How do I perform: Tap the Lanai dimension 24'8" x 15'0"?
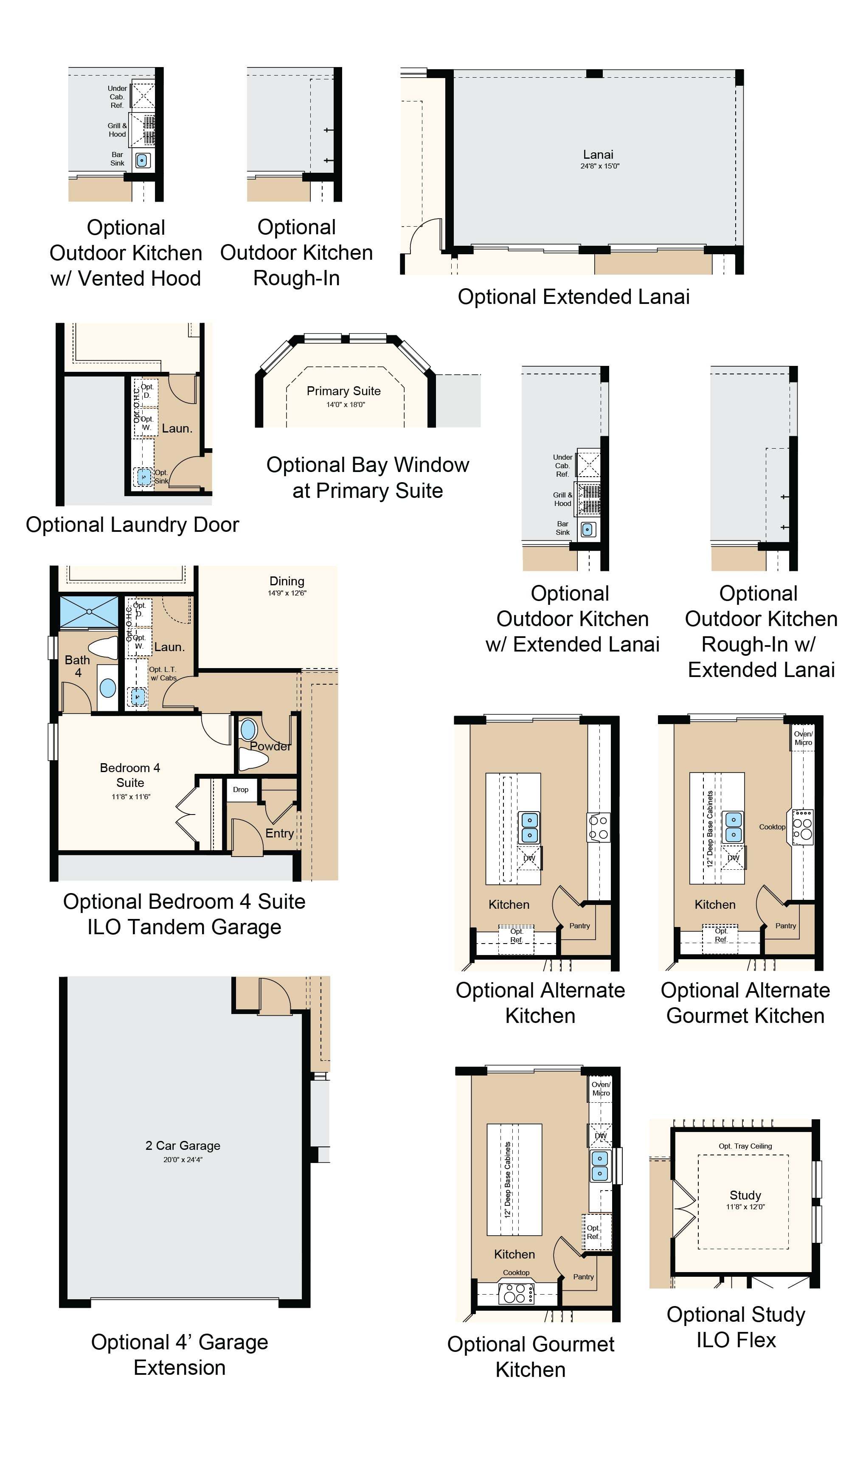click(x=599, y=166)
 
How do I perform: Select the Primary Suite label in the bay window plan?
click(x=344, y=391)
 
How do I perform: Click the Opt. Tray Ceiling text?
click(x=745, y=1146)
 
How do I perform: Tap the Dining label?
click(x=287, y=582)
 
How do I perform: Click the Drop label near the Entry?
click(x=241, y=789)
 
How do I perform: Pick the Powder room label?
click(x=270, y=746)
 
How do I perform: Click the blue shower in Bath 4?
click(x=89, y=612)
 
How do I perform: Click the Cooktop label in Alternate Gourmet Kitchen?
click(x=772, y=827)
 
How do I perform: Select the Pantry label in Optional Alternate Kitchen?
click(x=579, y=925)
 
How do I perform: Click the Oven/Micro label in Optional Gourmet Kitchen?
click(x=601, y=1089)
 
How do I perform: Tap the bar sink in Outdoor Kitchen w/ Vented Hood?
click(x=142, y=160)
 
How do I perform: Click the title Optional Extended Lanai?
click(x=573, y=297)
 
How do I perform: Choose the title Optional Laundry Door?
click(x=132, y=525)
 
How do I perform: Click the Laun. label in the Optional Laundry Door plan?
click(x=177, y=428)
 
